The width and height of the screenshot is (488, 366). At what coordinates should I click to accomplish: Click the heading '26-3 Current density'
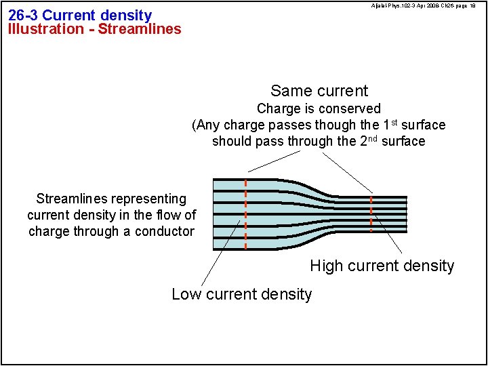click(80, 15)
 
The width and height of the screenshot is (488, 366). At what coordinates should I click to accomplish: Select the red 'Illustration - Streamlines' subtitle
click(95, 29)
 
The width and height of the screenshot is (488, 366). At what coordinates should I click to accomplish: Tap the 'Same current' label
click(319, 91)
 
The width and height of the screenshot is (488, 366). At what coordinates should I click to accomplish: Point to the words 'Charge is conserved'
click(319, 108)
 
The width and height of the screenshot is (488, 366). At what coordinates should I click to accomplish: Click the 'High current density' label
click(382, 266)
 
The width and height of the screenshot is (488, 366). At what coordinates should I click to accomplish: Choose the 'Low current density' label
click(241, 294)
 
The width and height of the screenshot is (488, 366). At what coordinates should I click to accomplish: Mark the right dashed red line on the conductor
click(371, 214)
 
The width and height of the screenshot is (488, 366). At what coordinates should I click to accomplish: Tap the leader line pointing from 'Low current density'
click(221, 254)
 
